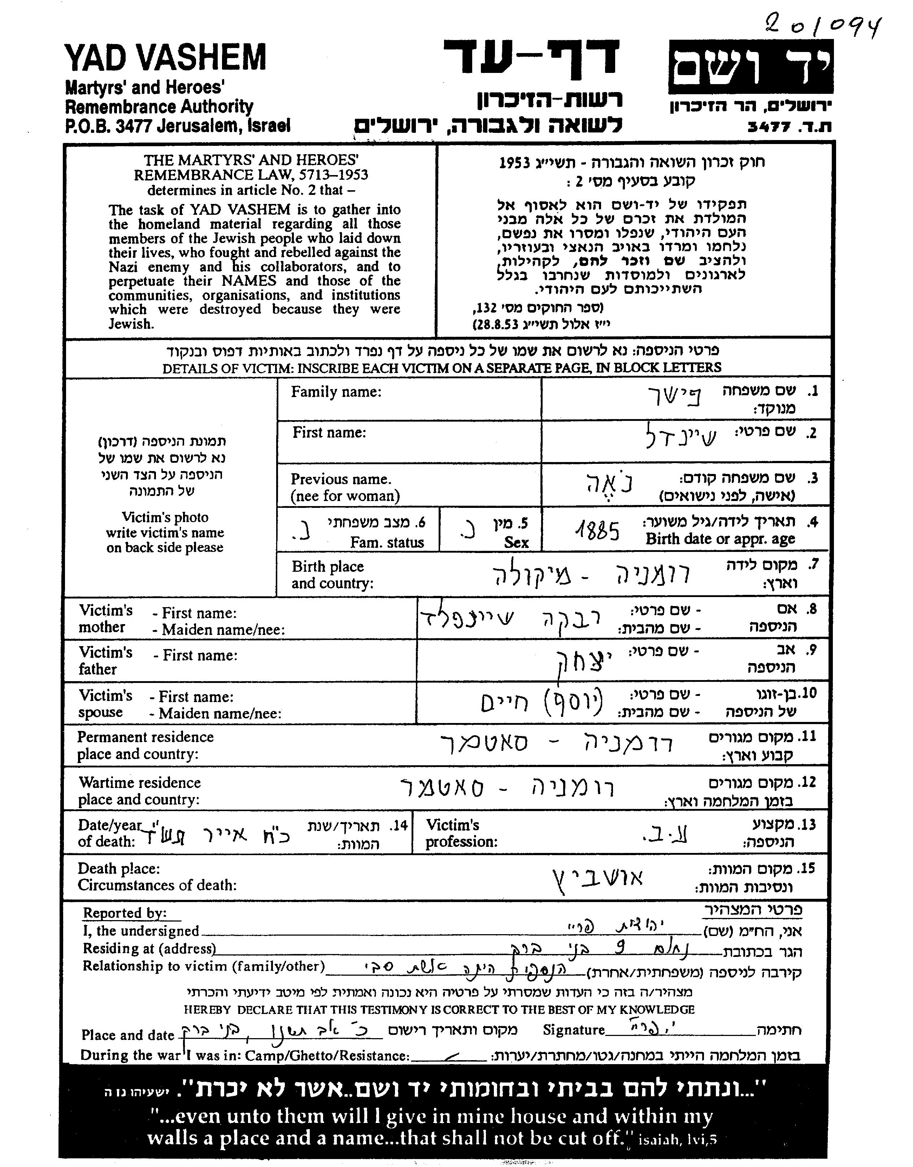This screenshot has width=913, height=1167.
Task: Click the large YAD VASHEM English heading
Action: click(x=165, y=58)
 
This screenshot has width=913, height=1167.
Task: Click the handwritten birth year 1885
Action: click(x=597, y=531)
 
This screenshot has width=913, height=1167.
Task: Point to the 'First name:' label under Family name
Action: click(x=329, y=432)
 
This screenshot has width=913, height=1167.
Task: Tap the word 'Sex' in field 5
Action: click(x=516, y=543)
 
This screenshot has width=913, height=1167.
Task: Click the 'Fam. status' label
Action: click(x=387, y=543)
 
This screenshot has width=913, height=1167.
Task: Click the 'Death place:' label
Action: click(x=119, y=868)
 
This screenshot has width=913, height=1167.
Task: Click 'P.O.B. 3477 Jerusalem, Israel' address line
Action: click(x=178, y=126)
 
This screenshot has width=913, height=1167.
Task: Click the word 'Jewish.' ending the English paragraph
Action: click(x=131, y=324)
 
